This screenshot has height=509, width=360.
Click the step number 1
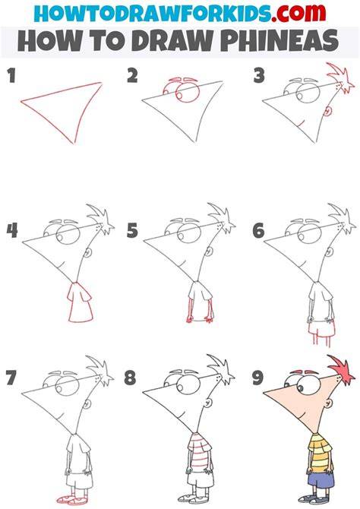tap(11, 75)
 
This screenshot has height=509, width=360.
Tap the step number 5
tap(132, 231)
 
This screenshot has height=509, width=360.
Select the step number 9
tap(258, 378)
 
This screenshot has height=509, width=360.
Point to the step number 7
tap(11, 378)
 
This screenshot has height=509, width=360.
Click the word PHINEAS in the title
tap(282, 40)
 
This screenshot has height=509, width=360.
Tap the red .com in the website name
tap(298, 14)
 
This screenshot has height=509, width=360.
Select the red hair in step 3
tap(341, 77)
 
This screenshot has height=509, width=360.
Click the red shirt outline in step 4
tap(80, 302)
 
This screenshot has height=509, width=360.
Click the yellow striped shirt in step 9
tap(320, 450)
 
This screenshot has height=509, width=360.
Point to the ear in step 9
tap(329, 404)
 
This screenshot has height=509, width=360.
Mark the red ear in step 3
tap(328, 112)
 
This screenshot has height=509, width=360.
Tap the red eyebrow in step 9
tap(300, 371)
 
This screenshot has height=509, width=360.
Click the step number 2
tap(132, 76)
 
